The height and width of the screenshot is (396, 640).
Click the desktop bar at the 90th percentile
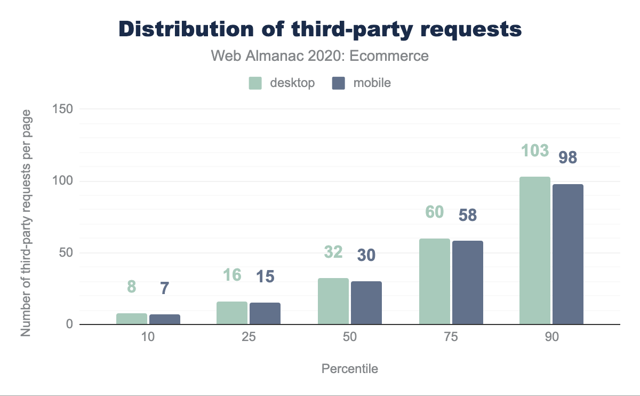[x=535, y=250]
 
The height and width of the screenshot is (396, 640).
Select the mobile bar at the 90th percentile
[x=568, y=254]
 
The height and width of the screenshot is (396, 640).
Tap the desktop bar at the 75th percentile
[x=435, y=281]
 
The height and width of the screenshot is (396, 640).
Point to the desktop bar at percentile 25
[x=232, y=313]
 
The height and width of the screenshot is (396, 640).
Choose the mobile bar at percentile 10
[x=165, y=319]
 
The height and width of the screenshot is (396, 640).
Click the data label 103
[x=535, y=151]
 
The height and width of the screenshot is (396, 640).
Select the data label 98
[x=568, y=158]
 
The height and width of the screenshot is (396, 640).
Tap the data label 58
[x=468, y=215]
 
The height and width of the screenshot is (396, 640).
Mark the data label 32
[x=333, y=252]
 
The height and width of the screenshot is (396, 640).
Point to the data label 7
[x=165, y=288]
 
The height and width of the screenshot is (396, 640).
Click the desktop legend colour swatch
[x=255, y=83]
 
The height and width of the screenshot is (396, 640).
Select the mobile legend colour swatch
[x=339, y=83]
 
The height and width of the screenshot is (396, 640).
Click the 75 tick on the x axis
[x=451, y=338]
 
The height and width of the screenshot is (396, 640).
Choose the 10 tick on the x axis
[x=148, y=338]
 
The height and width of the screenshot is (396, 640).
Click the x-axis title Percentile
[x=350, y=369]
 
